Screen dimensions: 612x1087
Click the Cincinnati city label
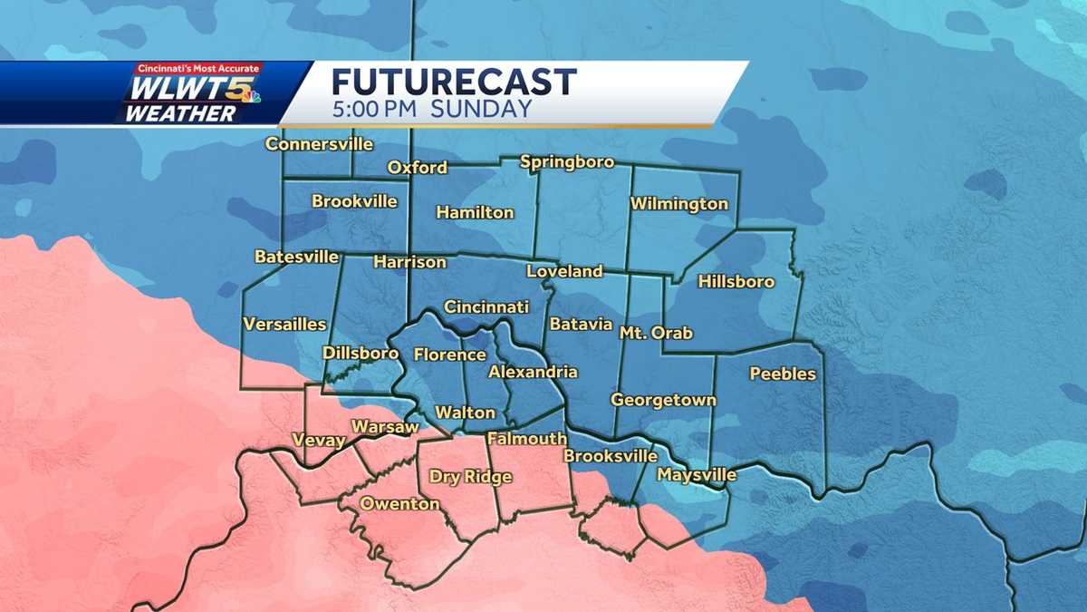tap(486, 307)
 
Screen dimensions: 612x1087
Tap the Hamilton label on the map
tap(475, 213)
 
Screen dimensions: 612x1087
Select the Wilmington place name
tap(679, 204)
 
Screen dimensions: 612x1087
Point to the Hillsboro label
tap(736, 282)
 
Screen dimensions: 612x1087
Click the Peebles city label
tap(783, 374)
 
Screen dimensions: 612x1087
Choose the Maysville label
tap(697, 475)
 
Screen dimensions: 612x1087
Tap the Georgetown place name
tap(663, 400)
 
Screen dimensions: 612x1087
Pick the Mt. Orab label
tap(656, 333)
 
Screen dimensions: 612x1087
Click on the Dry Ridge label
tap(470, 477)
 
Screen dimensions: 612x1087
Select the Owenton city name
tap(399, 504)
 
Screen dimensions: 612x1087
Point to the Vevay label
tap(319, 441)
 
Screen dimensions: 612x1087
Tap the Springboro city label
tap(567, 162)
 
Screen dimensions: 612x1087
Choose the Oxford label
tap(417, 168)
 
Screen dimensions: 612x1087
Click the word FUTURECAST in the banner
tap(454, 82)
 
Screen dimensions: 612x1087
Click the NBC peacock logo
tap(250, 98)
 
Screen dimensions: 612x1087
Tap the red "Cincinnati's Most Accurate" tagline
tap(198, 68)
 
